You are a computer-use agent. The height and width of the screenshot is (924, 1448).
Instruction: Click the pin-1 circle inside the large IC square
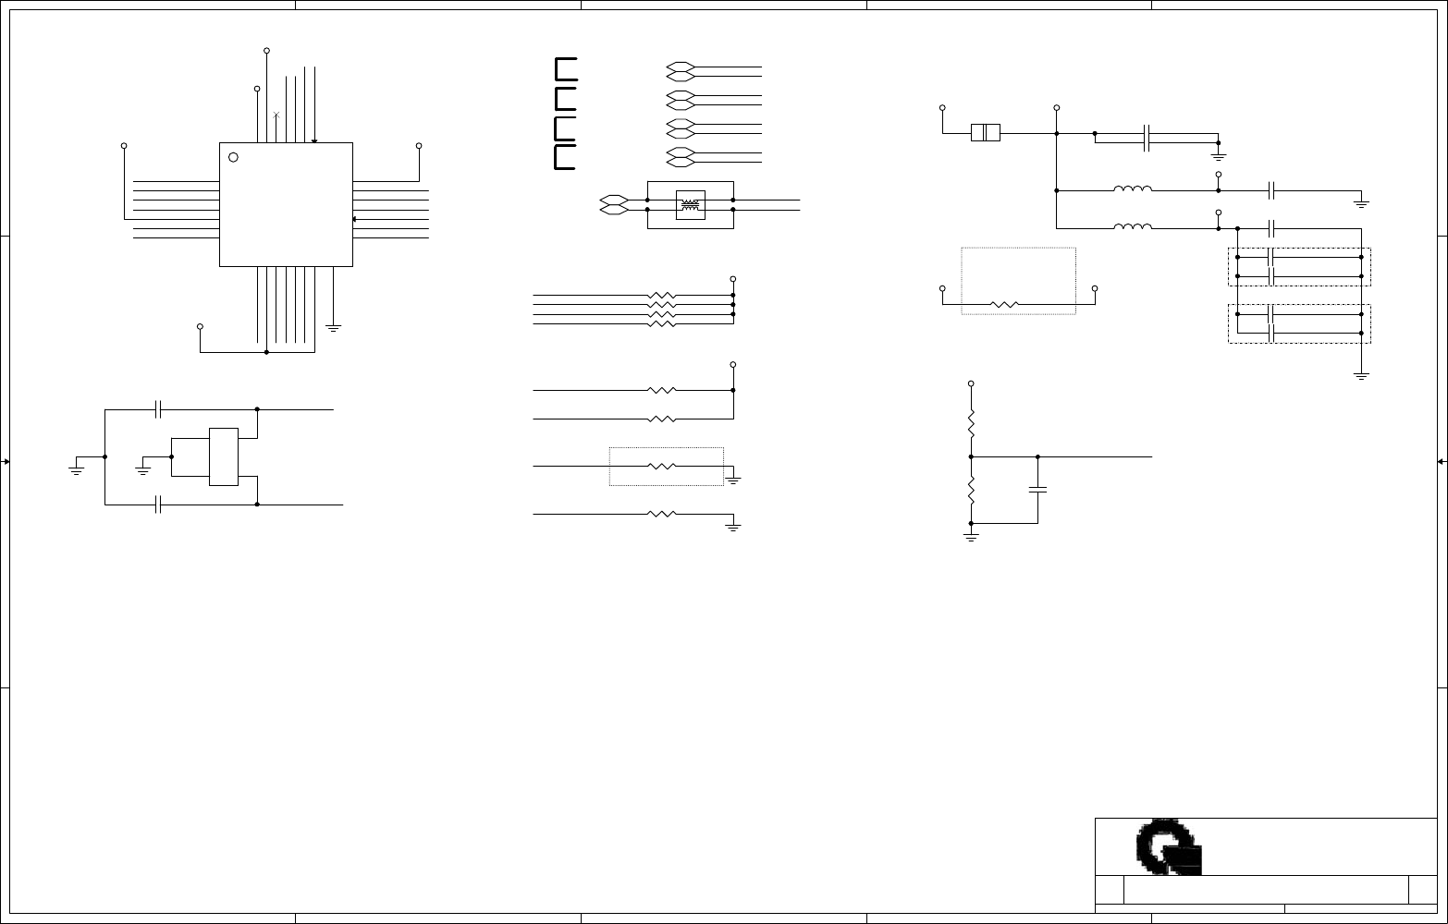point(233,157)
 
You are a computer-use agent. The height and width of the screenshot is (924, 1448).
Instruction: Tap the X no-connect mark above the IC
point(276,115)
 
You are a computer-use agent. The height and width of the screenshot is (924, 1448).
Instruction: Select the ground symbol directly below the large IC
point(334,328)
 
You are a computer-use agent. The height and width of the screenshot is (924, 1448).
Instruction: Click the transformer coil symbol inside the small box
point(690,205)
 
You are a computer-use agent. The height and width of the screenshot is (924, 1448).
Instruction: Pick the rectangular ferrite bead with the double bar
point(986,133)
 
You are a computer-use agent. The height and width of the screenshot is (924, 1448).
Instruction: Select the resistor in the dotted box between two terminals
point(1004,303)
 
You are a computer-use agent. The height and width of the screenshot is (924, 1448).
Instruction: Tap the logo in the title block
point(1169,846)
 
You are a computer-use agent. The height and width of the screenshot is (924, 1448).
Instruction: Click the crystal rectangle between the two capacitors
point(224,456)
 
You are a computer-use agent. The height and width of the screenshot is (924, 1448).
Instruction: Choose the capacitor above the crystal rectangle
point(159,408)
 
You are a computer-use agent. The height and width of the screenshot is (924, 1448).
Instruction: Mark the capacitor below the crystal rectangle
point(159,505)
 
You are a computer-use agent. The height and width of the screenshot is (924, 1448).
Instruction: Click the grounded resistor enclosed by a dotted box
point(663,467)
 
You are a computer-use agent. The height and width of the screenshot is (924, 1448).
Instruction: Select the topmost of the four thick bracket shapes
point(565,68)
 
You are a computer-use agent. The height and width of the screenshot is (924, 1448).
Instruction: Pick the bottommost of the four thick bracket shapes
point(565,158)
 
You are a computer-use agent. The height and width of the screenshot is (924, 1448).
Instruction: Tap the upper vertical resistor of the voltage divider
point(971,424)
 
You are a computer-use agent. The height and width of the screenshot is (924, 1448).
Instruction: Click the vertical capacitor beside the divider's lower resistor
point(1037,490)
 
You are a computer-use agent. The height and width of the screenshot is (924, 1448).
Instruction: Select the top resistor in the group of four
point(662,296)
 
